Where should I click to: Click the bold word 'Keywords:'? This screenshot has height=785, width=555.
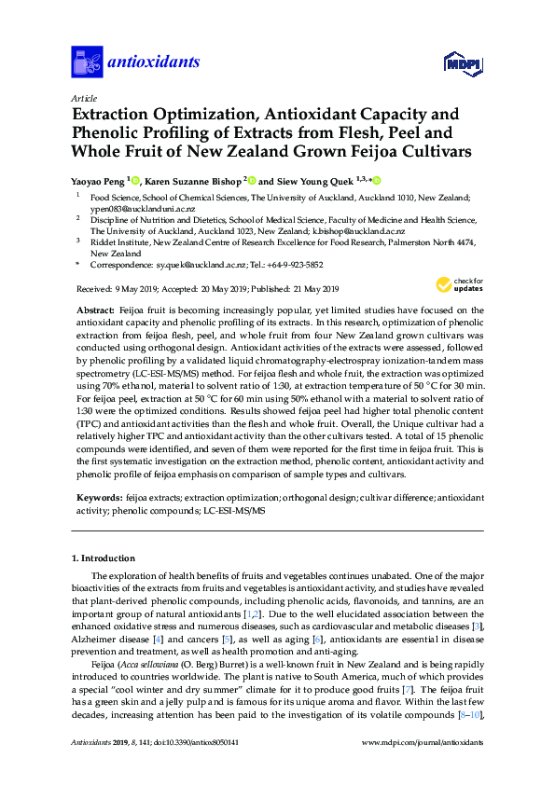point(97,499)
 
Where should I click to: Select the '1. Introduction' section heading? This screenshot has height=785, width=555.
point(104,558)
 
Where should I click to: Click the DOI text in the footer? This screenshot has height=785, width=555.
point(201,766)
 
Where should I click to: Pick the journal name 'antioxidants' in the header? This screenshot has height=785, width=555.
point(155,62)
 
